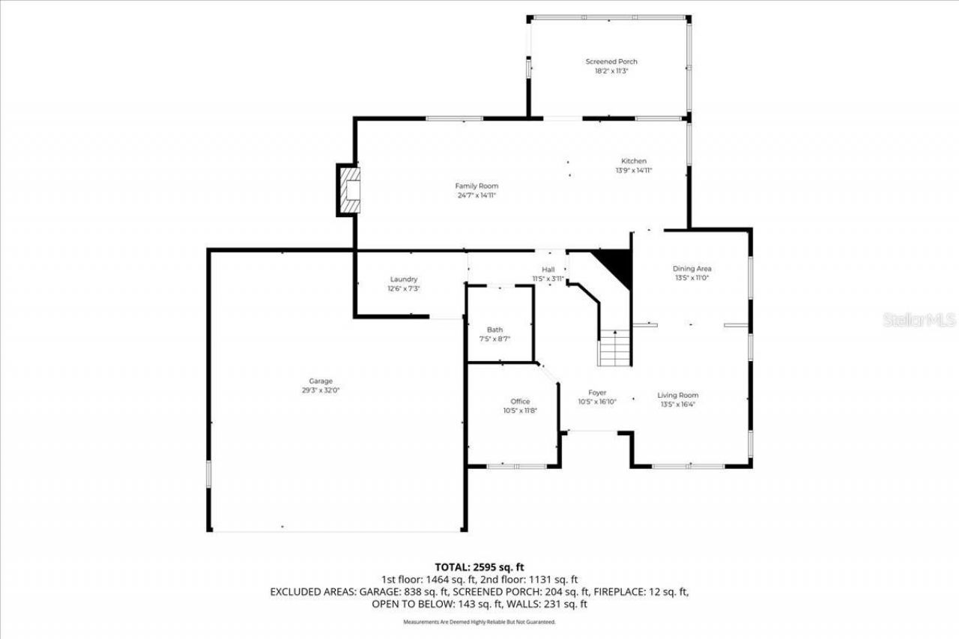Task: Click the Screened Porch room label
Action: coord(611,61)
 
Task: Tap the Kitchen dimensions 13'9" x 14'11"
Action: coord(633,171)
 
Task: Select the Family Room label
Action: coord(477,186)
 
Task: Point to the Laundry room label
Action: coord(403,279)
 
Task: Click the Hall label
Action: coord(548,270)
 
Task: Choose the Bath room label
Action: coord(494,330)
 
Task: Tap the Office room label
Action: coord(520,402)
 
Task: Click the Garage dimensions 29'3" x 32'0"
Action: coord(321,390)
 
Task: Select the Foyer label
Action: coord(597,393)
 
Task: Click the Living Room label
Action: coord(678,395)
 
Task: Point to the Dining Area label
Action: coord(692,268)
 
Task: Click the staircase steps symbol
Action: coord(615,349)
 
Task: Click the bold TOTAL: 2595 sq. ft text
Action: coord(479,567)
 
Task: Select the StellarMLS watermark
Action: coord(919,320)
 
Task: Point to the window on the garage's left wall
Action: coord(209,474)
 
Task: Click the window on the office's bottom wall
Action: coord(517,467)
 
